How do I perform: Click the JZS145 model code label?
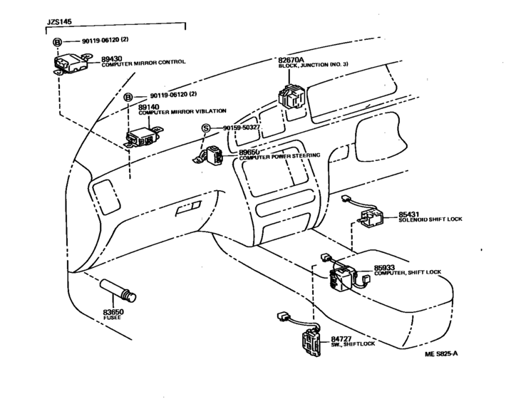[x=59, y=22]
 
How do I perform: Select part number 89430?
[x=111, y=59]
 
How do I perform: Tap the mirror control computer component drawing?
[x=72, y=64]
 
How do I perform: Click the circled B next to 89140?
[x=128, y=98]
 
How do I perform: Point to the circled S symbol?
[x=206, y=128]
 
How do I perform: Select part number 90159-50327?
[x=242, y=128]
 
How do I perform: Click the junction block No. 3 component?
[x=291, y=96]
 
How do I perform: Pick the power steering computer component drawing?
[x=208, y=155]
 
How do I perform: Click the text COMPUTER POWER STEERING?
[x=279, y=157]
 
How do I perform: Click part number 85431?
[x=408, y=214]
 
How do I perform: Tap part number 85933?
[x=384, y=268]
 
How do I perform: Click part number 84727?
[x=341, y=339]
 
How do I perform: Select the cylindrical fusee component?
[x=118, y=290]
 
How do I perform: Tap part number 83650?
[x=113, y=312]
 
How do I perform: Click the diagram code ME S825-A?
[x=441, y=354]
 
